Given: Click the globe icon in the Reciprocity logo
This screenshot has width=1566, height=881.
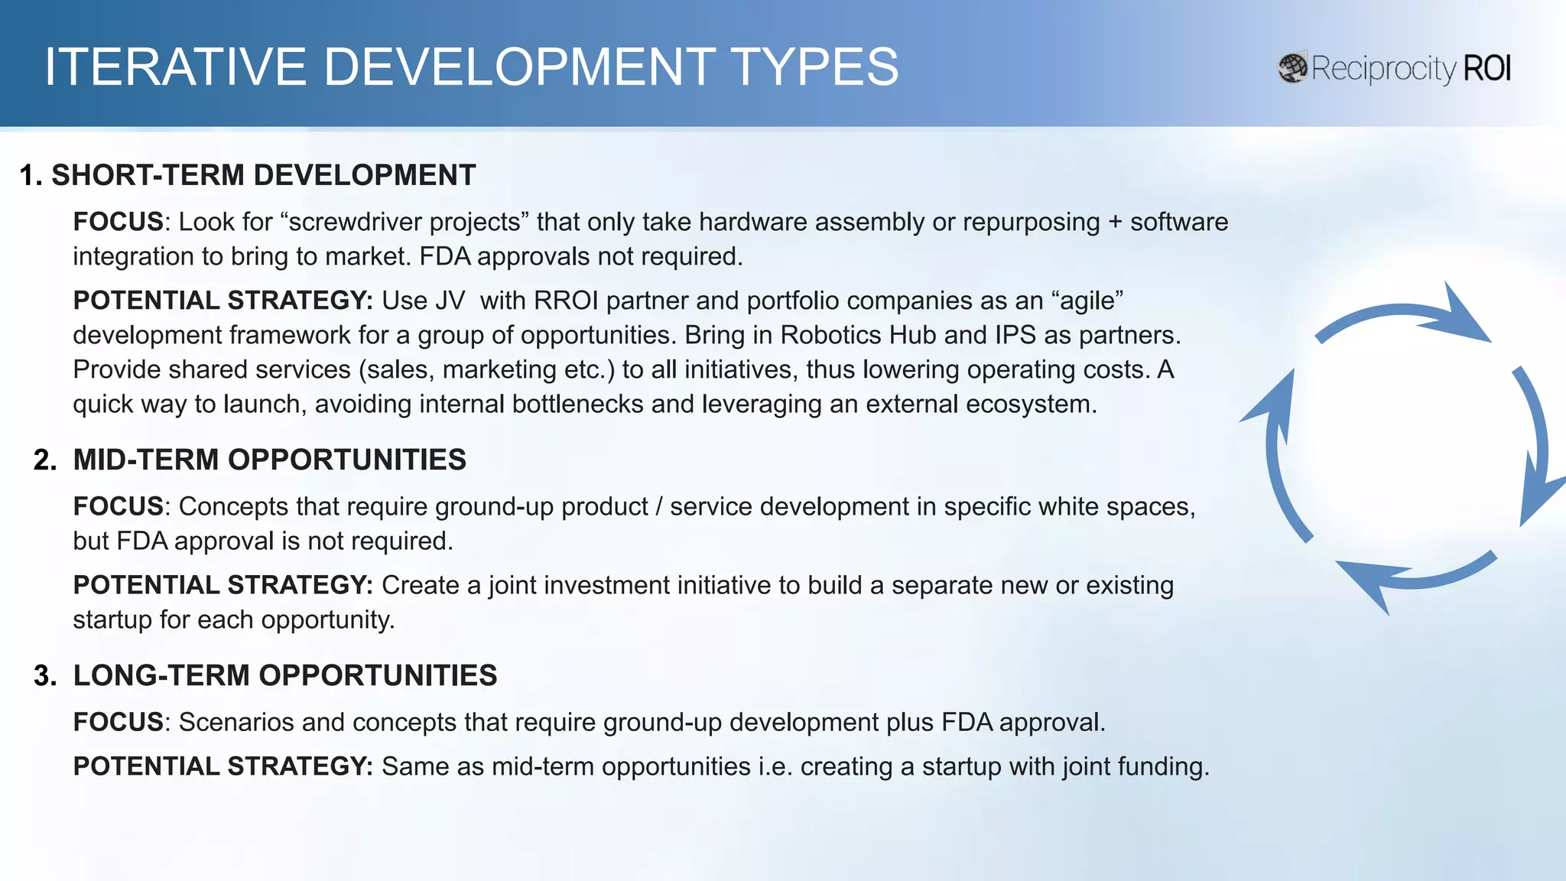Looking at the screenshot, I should pyautogui.click(x=1292, y=68).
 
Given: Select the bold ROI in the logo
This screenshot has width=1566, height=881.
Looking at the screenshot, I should pyautogui.click(x=1487, y=68).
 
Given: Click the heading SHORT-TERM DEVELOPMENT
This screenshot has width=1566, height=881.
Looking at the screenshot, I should pyautogui.click(x=263, y=175).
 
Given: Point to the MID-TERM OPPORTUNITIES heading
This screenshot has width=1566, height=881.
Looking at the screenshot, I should pyautogui.click(x=269, y=460).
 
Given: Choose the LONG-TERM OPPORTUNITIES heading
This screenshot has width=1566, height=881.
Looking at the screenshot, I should pyautogui.click(x=284, y=675).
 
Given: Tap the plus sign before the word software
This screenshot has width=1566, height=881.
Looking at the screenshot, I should pyautogui.click(x=1115, y=223).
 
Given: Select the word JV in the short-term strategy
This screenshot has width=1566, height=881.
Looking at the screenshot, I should pyautogui.click(x=450, y=301).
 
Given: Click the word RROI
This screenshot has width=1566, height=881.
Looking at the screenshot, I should pyautogui.click(x=566, y=301).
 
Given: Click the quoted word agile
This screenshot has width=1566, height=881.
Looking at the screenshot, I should pyautogui.click(x=1090, y=301).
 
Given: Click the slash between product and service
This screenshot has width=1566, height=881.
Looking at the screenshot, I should pyautogui.click(x=658, y=507).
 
